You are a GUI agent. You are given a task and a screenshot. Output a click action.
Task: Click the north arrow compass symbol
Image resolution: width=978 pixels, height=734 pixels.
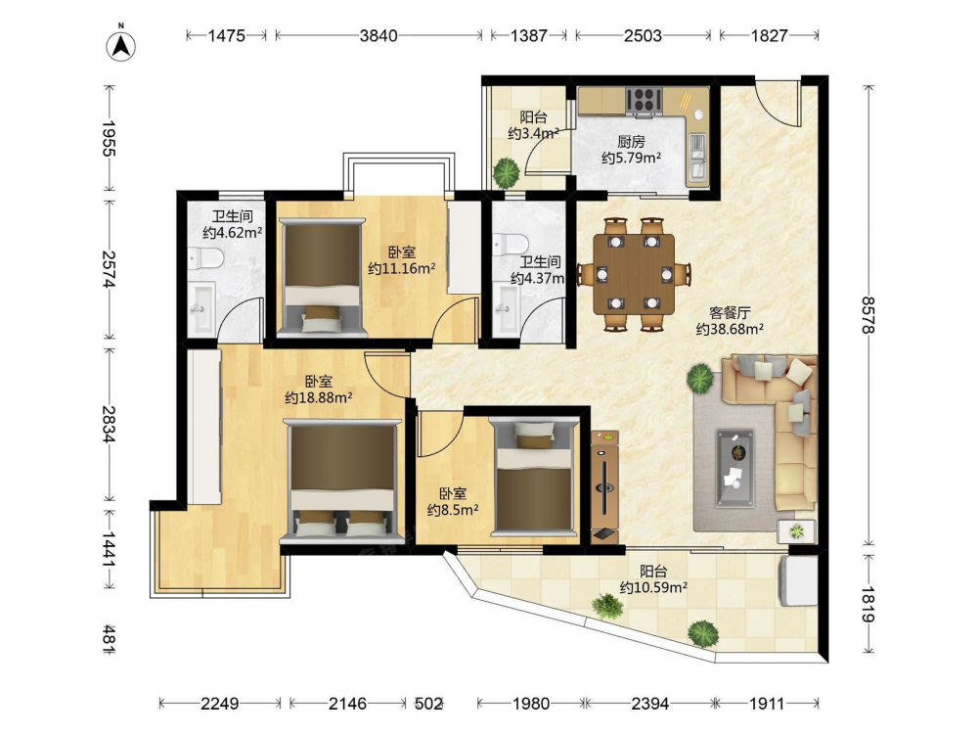pos(121,44)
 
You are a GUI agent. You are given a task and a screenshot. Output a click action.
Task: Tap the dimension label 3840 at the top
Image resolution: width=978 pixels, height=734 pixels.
pos(378,35)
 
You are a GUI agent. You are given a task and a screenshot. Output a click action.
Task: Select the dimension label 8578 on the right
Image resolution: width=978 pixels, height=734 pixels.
pos(868,315)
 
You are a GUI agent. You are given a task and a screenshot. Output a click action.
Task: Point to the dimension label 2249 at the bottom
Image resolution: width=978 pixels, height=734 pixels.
pos(219,704)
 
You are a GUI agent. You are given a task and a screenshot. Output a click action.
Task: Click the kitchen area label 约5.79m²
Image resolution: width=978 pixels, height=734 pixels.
pos(631,158)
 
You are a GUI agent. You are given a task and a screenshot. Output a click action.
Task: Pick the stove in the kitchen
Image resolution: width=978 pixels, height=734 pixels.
pos(645,101)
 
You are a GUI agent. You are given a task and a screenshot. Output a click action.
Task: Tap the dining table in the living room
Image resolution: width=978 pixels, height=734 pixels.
pos(634,274)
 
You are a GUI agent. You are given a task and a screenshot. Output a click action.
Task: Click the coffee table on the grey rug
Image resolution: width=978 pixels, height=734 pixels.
pos(734,468)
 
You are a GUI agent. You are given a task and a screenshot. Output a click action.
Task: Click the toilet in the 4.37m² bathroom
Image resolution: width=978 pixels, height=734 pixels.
pos(511,244)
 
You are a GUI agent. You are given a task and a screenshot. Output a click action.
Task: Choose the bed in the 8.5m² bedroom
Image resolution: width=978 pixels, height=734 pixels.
pos(534,478)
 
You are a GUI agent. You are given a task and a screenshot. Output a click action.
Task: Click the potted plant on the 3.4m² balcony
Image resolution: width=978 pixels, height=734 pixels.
pos(506,171)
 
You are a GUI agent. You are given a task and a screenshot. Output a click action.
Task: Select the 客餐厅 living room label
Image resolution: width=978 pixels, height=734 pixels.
pos(730,312)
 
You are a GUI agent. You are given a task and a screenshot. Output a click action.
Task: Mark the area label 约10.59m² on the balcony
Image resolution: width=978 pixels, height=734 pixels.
pos(653,587)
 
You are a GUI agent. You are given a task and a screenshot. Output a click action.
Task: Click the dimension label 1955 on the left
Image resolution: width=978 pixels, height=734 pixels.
pos(110,139)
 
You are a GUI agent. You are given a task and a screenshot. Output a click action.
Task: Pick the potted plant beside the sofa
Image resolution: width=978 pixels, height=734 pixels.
pos(701,379)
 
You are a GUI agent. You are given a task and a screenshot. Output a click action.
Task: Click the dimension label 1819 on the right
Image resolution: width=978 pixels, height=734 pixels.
pos(868,604)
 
